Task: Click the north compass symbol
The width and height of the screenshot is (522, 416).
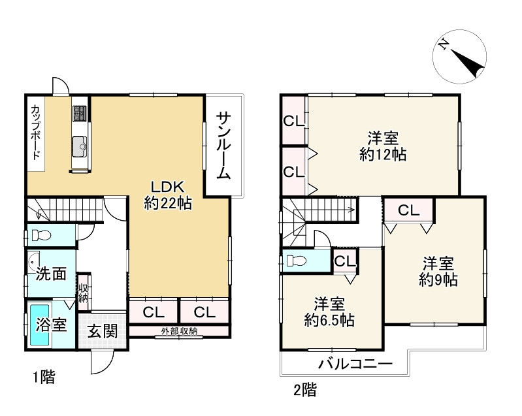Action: click(459, 56)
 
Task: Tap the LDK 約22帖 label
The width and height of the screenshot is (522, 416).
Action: click(168, 195)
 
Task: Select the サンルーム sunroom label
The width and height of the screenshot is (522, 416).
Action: click(223, 146)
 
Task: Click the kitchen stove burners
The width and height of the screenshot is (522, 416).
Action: click(80, 113)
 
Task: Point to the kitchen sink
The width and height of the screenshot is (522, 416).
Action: click(80, 146)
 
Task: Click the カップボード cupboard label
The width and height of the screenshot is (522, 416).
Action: click(36, 133)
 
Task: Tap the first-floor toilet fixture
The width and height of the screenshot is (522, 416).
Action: click(41, 236)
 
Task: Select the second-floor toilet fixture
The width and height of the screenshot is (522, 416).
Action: click(296, 261)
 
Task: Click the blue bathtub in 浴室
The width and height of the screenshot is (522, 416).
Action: click(40, 325)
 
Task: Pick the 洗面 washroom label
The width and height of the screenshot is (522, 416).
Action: click(51, 274)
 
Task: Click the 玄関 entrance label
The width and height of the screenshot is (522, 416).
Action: click(103, 331)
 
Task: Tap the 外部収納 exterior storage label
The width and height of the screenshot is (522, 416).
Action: click(179, 331)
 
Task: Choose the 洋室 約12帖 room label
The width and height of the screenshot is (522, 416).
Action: click(383, 146)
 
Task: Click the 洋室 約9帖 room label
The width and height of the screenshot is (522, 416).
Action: click(438, 272)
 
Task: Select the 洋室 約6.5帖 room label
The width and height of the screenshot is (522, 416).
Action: click(329, 312)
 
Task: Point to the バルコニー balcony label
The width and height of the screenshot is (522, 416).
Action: click(355, 364)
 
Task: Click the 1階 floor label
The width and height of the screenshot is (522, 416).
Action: click(44, 377)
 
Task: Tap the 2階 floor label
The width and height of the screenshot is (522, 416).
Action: click(305, 390)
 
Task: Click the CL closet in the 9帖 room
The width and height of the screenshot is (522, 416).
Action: click(409, 210)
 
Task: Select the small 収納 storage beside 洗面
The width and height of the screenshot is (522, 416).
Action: click(83, 293)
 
